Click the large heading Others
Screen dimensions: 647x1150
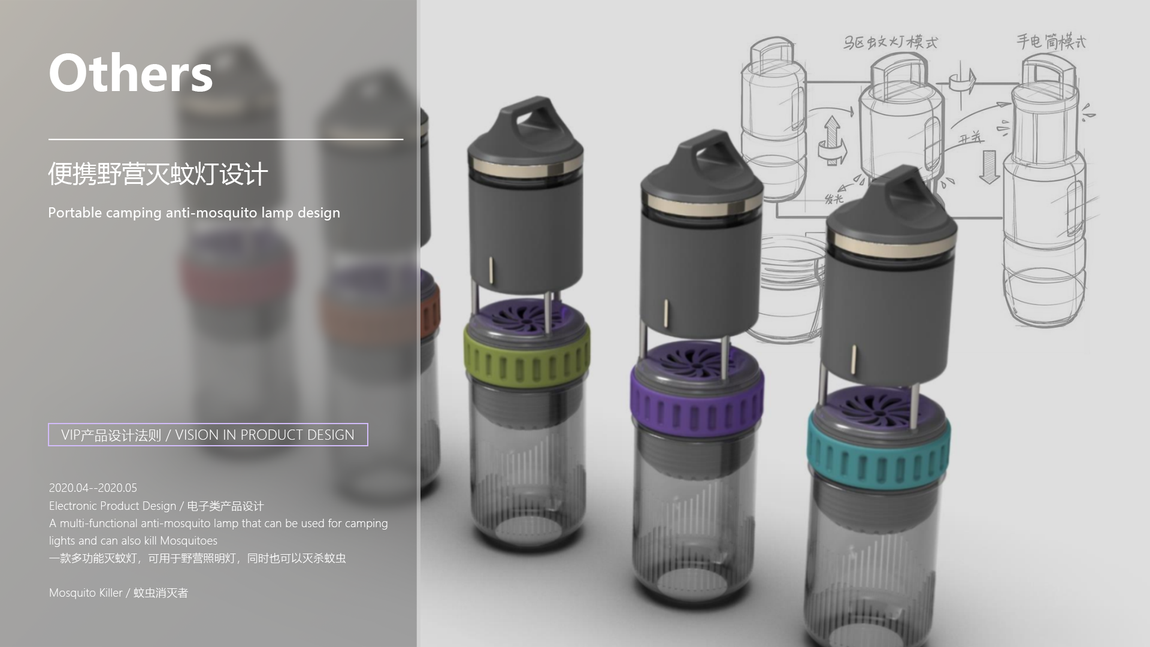pyautogui.click(x=131, y=73)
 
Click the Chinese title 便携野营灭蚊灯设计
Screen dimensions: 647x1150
pyautogui.click(x=158, y=174)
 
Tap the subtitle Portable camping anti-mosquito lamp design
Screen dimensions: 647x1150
pyautogui.click(x=193, y=213)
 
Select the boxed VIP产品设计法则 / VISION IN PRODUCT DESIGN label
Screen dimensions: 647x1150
pyautogui.click(x=208, y=435)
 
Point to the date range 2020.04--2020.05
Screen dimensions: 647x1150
pyautogui.click(x=93, y=488)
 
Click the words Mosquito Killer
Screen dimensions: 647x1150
pyautogui.click(x=86, y=592)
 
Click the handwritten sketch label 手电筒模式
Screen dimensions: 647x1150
pyautogui.click(x=1051, y=41)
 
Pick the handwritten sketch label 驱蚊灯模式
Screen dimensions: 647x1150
pyautogui.click(x=890, y=42)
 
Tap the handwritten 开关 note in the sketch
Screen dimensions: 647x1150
pyautogui.click(x=970, y=138)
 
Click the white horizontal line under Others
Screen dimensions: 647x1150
pyautogui.click(x=225, y=139)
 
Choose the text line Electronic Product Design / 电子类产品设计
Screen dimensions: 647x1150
pyautogui.click(x=156, y=506)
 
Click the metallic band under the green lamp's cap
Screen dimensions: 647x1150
pyautogui.click(x=525, y=167)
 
